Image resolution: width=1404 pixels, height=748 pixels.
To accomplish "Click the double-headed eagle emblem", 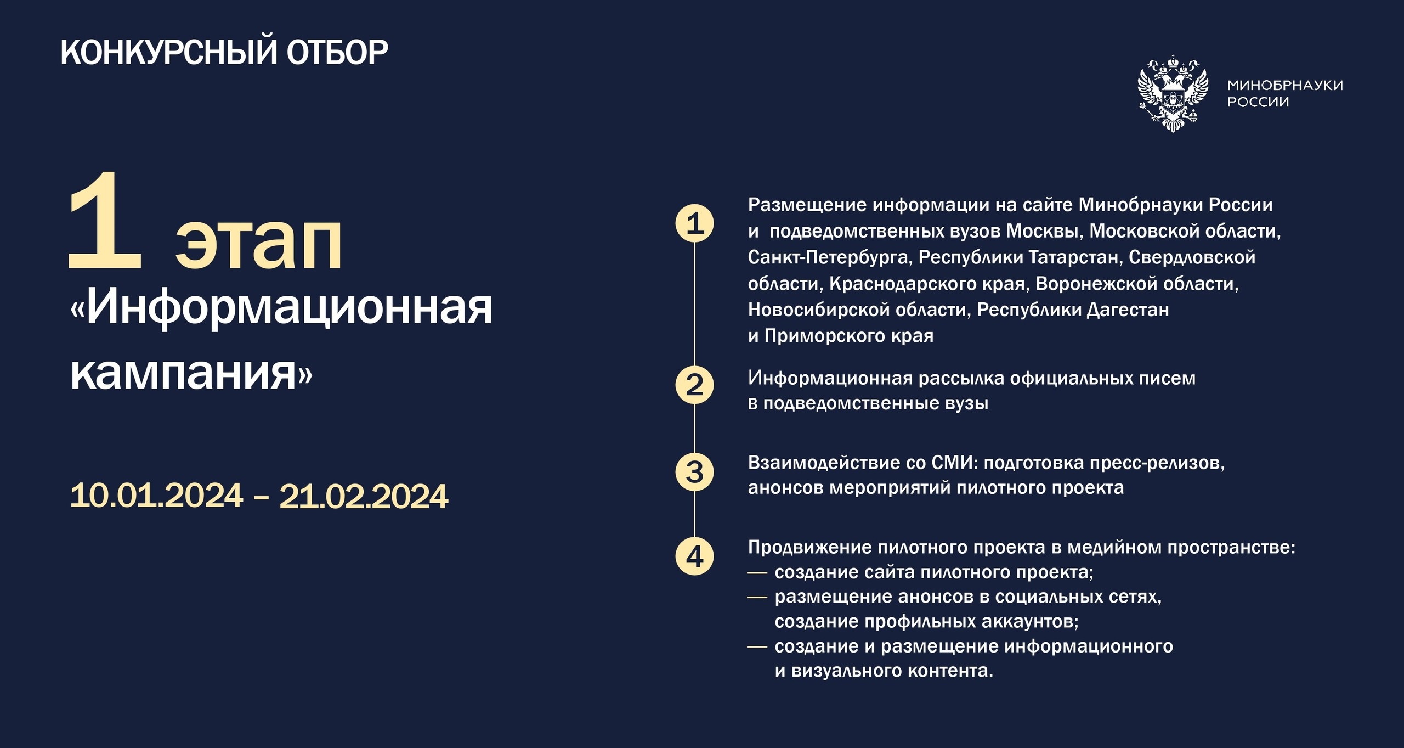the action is point(1173,93).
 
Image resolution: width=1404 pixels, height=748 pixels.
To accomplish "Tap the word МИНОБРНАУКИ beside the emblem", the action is point(1286,85).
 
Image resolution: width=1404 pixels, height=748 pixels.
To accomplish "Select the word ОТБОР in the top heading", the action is point(337,53).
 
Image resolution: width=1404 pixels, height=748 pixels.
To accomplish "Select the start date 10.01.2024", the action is point(156,496).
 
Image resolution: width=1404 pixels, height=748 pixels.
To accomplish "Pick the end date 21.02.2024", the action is point(364,497).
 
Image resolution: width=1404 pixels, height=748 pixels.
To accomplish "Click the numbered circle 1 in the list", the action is point(694,223).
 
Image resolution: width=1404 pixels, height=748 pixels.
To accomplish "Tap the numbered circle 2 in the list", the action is point(694,385).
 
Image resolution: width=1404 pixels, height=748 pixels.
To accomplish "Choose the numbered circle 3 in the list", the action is point(694,472).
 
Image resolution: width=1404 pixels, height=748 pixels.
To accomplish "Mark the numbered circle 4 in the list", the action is point(694,556).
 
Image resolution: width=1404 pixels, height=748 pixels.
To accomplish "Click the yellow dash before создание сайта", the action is point(757,573).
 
